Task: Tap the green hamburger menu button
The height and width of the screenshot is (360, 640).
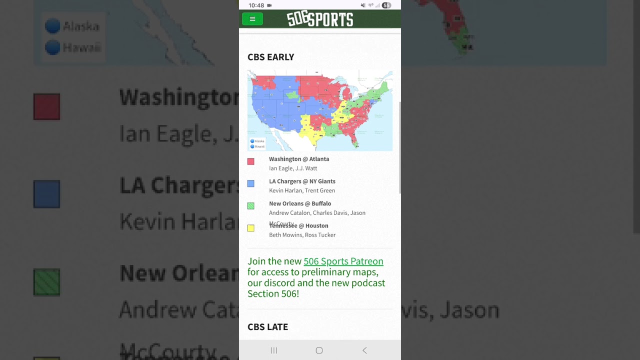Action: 252,19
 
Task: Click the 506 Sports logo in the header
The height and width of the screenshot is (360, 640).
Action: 320,19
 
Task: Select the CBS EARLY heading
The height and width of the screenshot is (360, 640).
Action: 270,57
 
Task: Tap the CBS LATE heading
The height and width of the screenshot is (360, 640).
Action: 267,327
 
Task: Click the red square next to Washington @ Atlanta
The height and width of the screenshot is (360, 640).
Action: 251,161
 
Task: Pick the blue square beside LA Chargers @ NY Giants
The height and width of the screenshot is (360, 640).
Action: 251,183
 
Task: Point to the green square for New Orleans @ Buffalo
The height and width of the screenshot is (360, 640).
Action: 251,205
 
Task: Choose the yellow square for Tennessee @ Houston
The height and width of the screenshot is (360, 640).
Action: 251,228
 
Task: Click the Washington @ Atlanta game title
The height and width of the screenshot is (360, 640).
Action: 299,159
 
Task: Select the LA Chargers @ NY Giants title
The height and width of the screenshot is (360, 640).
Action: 302,181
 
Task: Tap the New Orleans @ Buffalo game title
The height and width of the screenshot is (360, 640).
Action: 300,203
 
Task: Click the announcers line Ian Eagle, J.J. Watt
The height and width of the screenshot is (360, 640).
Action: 293,168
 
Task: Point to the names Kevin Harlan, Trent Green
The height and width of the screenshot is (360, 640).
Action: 302,190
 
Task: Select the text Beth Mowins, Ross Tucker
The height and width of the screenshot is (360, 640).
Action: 302,235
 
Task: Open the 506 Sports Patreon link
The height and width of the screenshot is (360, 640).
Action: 343,261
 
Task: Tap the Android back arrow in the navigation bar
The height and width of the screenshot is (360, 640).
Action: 364,350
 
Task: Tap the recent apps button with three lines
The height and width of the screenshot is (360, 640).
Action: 274,350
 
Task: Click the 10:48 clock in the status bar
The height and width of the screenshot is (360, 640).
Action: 256,5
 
